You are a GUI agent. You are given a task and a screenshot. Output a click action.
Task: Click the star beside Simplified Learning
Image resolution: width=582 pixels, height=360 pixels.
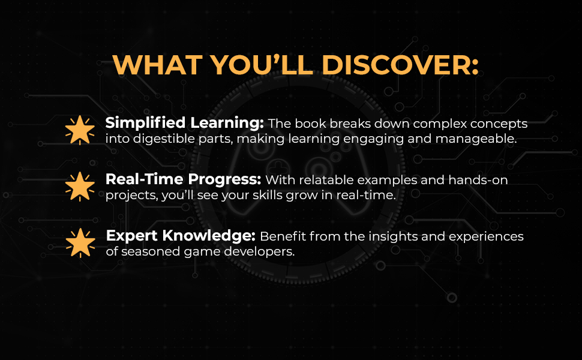pyautogui.click(x=80, y=130)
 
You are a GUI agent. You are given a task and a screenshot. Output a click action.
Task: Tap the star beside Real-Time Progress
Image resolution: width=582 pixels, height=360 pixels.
pyautogui.click(x=80, y=187)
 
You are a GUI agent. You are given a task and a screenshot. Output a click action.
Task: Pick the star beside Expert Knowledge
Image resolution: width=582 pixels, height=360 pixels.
pyautogui.click(x=80, y=242)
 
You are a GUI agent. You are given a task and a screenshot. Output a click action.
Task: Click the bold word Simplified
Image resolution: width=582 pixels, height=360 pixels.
pyautogui.click(x=137, y=124)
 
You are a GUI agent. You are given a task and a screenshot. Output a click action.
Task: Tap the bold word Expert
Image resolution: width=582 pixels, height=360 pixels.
pyautogui.click(x=127, y=236)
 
